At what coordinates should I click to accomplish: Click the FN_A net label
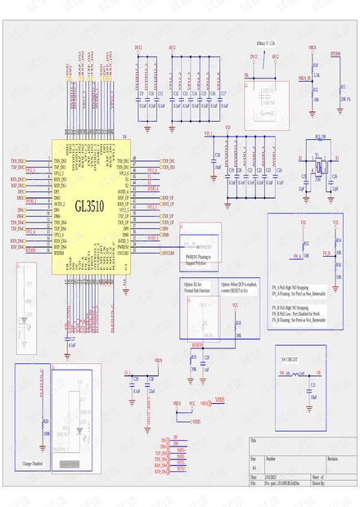(x=295, y=255)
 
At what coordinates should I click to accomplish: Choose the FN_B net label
(x=326, y=253)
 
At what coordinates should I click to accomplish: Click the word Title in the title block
(x=254, y=441)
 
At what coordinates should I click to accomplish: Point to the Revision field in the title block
(x=331, y=460)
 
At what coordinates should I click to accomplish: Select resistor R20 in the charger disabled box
(x=45, y=426)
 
